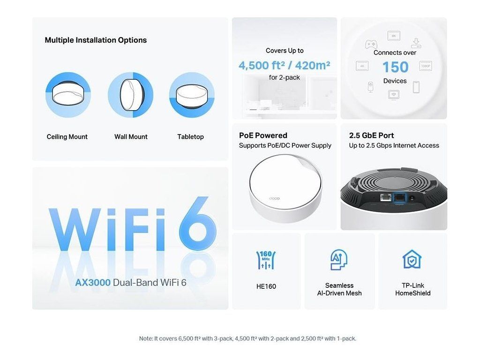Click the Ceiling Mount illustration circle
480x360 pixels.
pyautogui.click(x=68, y=95)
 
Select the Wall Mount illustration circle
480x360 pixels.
pyautogui.click(x=131, y=95)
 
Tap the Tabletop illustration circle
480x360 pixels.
pyautogui.click(x=192, y=95)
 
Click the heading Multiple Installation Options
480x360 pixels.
pyautogui.click(x=96, y=40)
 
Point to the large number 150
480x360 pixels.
pyautogui.click(x=396, y=67)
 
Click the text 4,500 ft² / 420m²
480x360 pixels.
pyautogui.click(x=285, y=65)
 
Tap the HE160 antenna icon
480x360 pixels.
pyautogui.click(x=266, y=260)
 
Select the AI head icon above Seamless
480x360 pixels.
pyautogui.click(x=339, y=260)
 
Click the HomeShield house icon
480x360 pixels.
pyautogui.click(x=412, y=259)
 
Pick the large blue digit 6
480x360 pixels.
pyautogui.click(x=198, y=224)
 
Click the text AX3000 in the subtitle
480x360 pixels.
pyautogui.click(x=93, y=282)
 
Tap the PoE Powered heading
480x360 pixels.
pyautogui.click(x=263, y=135)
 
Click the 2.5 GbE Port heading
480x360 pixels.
pyautogui.click(x=371, y=135)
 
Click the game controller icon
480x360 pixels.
pyautogui.click(x=371, y=45)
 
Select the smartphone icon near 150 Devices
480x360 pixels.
pyautogui.click(x=416, y=87)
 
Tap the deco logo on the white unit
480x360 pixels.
pyautogui.click(x=274, y=198)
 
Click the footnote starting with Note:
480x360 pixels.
pyautogui.click(x=247, y=338)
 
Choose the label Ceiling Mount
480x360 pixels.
pyautogui.click(x=67, y=137)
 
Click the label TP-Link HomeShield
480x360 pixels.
pyautogui.click(x=412, y=289)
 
